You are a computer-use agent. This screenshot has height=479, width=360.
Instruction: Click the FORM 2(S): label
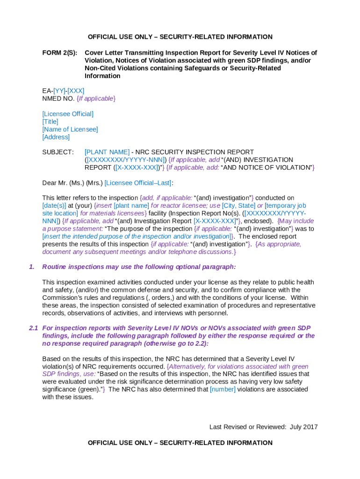coord(59,53)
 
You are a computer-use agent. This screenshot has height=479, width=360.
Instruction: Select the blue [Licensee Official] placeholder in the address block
coord(68,114)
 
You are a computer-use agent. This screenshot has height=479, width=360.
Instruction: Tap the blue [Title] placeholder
coord(50,122)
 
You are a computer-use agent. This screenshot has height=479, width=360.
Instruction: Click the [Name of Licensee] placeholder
coord(70,130)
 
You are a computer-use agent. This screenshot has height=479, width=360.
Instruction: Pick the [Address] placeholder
coord(56,137)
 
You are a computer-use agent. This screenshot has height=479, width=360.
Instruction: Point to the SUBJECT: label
coord(58,152)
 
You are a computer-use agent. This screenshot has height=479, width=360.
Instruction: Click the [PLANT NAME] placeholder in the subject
coord(107,152)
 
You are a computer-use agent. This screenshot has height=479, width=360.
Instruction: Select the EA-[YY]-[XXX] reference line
coord(63,91)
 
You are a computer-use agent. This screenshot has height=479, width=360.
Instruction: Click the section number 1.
coord(31,267)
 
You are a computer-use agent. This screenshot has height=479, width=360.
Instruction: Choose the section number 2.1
coord(33,328)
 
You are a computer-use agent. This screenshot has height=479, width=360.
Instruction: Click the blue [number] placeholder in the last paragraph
coord(223,389)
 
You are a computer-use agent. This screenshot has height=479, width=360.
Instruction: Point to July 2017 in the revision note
coord(304,427)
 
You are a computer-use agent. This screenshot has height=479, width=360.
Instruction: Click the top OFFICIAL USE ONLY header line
coord(180,37)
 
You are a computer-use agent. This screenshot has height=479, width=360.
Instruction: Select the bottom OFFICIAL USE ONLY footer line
coord(180,443)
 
